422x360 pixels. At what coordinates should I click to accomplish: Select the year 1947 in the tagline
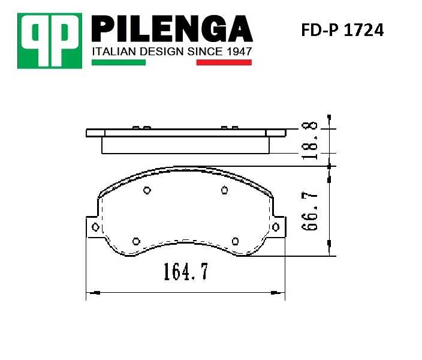pos(237,52)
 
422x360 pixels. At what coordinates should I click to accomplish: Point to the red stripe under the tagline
pos(224,62)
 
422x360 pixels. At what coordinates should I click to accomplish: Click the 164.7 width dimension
pos(185,272)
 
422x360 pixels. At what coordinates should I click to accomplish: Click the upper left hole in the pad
pos(147,191)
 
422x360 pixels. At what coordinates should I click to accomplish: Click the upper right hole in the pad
pos(224,191)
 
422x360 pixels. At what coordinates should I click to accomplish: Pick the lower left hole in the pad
pos(135,241)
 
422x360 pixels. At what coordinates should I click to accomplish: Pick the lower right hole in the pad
pos(236,241)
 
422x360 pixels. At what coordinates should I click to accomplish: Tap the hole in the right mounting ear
pos(276,226)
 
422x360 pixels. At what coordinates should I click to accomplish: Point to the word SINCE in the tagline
pos(204,52)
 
